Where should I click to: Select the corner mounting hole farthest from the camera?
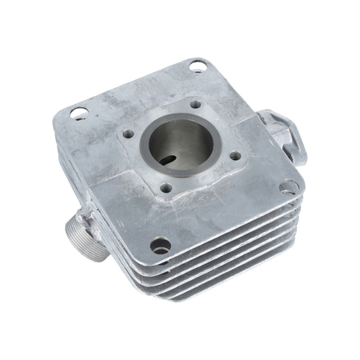pos(197,67)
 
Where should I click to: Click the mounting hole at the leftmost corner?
pos(78,113)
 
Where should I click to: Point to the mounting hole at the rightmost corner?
pos(289,186)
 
